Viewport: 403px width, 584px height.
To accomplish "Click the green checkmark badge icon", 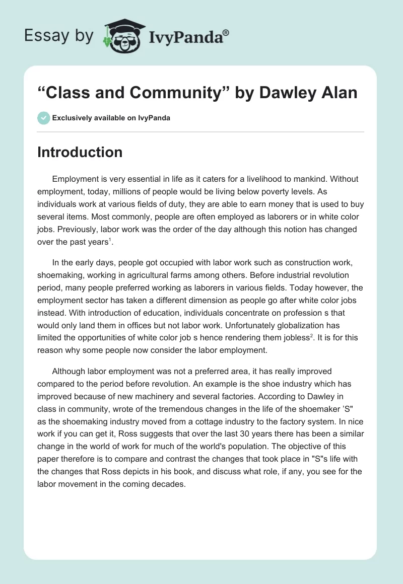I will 43,118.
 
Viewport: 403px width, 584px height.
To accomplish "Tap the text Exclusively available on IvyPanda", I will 111,118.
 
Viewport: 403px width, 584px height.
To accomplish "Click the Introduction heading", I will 80,153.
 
